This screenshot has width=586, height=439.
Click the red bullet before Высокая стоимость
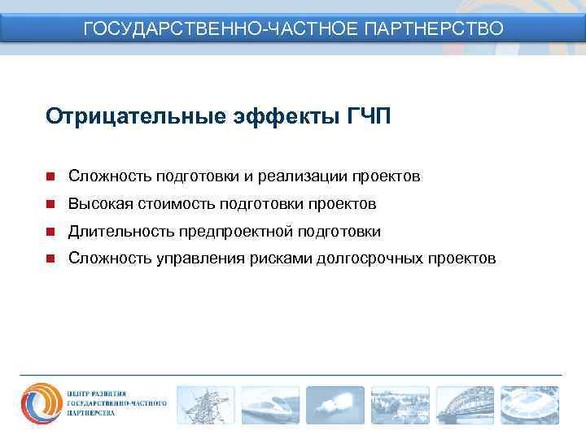tap(50, 204)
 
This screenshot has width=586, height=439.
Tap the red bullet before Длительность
tap(50, 232)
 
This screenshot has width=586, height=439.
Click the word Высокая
tap(97, 204)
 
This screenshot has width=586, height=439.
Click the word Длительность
tap(115, 232)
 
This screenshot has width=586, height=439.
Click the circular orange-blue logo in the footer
tap(41, 404)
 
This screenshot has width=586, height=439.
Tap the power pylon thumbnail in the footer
tap(205, 405)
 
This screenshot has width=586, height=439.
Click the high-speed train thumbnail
tap(270, 405)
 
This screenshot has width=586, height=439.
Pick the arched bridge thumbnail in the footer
tap(465, 405)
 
